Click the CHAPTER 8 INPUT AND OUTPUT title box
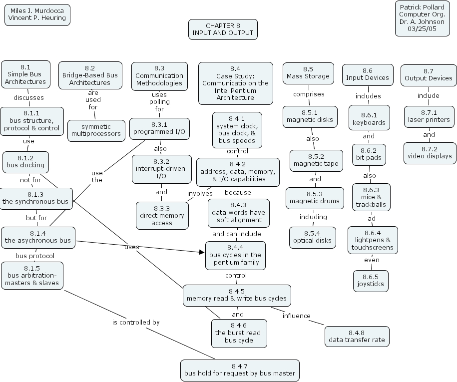pos(223,29)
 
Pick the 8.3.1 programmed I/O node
pos(153,128)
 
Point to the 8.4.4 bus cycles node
pos(236,255)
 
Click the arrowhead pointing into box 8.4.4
pos(202,252)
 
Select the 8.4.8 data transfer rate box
pos(357,336)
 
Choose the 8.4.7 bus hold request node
pos(240,370)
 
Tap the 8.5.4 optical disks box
pos(312,237)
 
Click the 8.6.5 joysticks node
pos(371,281)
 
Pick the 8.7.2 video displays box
pos(429,152)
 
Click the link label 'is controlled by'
pos(136,322)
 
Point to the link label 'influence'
pos(296,316)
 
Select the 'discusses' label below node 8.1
pos(28,97)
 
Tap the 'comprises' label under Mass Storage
pos(308,94)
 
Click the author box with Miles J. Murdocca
pos(37,14)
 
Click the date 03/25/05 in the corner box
pos(422,28)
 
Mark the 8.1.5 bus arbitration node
pos(32,276)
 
